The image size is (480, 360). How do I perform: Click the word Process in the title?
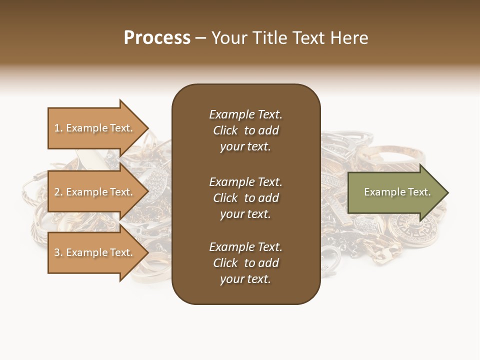(157, 38)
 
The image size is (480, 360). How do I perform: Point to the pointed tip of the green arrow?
(447, 192)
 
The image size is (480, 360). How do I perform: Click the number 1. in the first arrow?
(58, 128)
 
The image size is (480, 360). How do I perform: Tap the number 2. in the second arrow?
(58, 192)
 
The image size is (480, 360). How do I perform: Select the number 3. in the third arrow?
(58, 252)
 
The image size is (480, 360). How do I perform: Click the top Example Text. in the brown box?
(245, 114)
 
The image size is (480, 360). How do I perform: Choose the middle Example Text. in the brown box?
(245, 182)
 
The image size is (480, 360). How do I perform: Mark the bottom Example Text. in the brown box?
(245, 247)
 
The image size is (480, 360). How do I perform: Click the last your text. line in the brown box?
(245, 279)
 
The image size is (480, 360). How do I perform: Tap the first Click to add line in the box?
(245, 130)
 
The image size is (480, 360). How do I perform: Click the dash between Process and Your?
(200, 38)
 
